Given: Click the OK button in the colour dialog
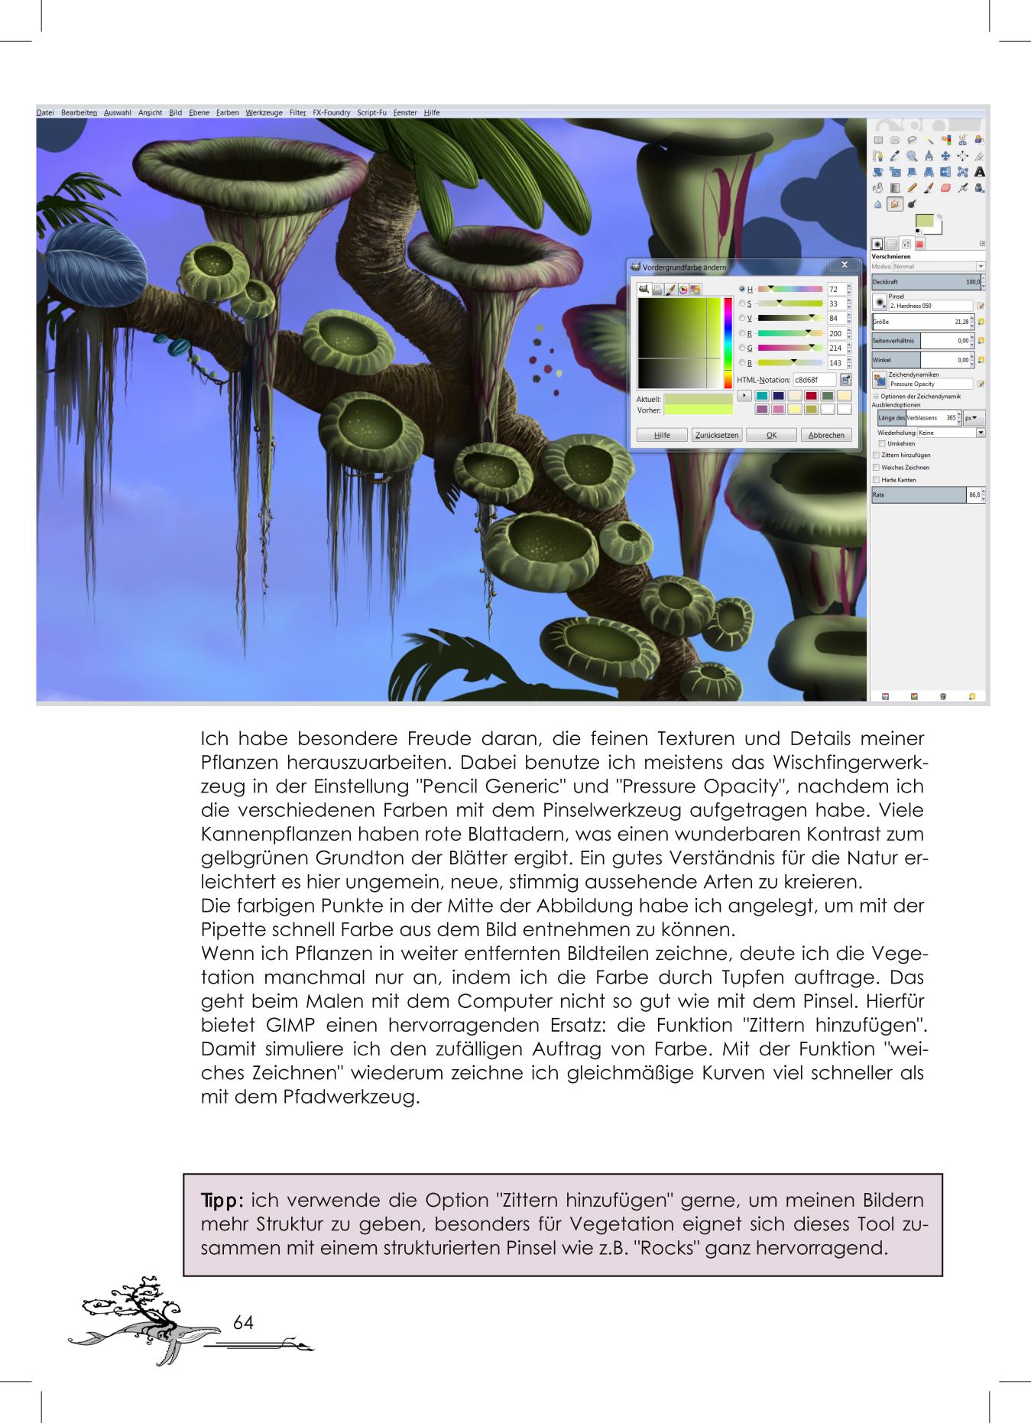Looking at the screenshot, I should click(771, 435).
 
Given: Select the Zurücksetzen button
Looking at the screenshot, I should click(717, 435).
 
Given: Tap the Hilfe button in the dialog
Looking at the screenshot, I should click(662, 435).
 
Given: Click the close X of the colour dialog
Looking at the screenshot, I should click(844, 264).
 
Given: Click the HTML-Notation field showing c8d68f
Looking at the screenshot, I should click(814, 380).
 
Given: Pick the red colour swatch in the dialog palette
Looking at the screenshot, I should click(811, 396).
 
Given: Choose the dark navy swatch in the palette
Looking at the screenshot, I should click(778, 396).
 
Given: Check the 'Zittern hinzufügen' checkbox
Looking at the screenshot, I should click(877, 455).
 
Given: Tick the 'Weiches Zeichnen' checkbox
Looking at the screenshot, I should click(877, 467).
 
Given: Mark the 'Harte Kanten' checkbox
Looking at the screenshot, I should click(877, 480).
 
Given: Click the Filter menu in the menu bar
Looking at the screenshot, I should click(297, 113).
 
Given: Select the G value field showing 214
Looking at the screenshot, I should click(835, 348).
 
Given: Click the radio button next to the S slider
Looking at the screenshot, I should click(741, 304).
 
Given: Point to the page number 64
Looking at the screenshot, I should click(243, 1323).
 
